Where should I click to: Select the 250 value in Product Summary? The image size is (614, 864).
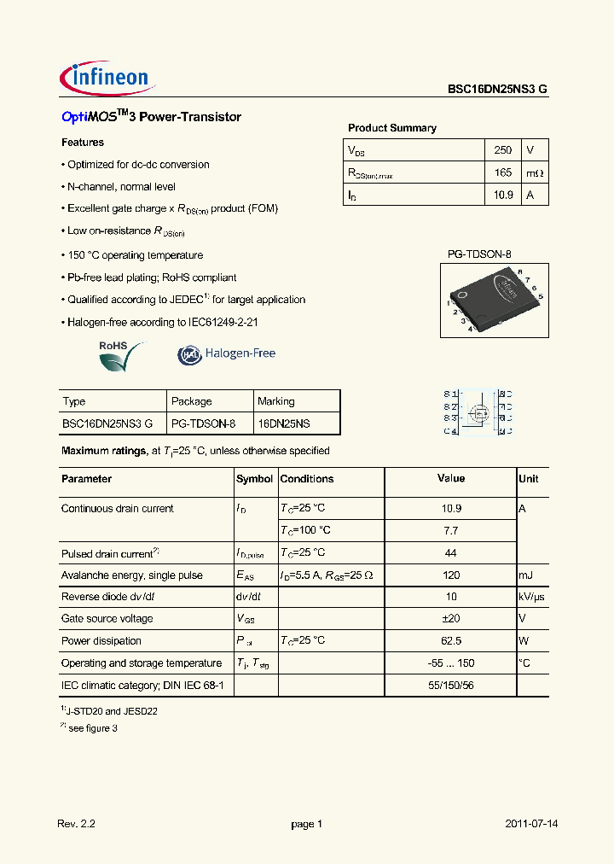pyautogui.click(x=502, y=150)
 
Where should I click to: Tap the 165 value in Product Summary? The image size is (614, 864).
pyautogui.click(x=502, y=172)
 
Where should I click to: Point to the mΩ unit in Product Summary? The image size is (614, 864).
pyautogui.click(x=534, y=173)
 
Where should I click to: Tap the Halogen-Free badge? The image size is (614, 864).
pyautogui.click(x=227, y=353)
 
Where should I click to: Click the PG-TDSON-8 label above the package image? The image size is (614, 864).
pyautogui.click(x=479, y=254)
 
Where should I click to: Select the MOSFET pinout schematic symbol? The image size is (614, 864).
pyautogui.click(x=478, y=412)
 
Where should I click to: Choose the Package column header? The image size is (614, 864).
pyautogui.click(x=191, y=401)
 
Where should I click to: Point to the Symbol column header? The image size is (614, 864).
pyautogui.click(x=254, y=479)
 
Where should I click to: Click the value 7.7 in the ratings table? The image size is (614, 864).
pyautogui.click(x=451, y=530)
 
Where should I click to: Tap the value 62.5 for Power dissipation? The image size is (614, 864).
pyautogui.click(x=451, y=641)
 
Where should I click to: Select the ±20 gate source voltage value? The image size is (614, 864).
pyautogui.click(x=451, y=619)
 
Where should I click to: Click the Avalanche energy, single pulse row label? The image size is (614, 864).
pyautogui.click(x=131, y=575)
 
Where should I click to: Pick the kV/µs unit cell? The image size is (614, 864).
pyautogui.click(x=533, y=597)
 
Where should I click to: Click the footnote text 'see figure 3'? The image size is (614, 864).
pyautogui.click(x=93, y=727)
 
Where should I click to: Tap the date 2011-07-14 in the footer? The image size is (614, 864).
pyautogui.click(x=531, y=824)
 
